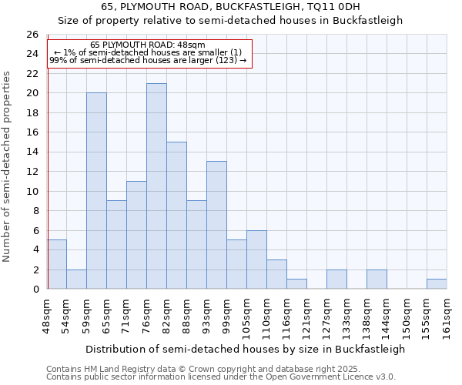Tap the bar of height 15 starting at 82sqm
[176, 216]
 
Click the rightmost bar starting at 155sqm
[437, 284]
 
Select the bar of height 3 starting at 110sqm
[276, 274]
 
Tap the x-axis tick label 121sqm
[307, 316]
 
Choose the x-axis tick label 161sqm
[447, 316]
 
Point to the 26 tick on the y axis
[32, 35]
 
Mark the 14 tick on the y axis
[32, 152]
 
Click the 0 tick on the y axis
[35, 290]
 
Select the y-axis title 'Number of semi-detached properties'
[8, 166]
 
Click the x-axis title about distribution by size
[245, 349]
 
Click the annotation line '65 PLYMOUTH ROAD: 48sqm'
[148, 45]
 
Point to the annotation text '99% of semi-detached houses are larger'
[148, 59]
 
